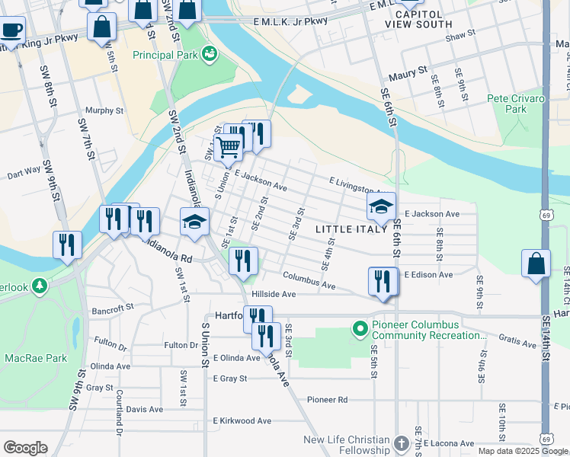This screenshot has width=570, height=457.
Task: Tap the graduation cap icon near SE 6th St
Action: (x=381, y=206)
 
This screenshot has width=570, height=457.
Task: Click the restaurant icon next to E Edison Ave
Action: (x=383, y=280)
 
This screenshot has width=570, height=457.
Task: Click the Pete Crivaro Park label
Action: (x=516, y=104)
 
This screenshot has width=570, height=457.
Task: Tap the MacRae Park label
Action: (x=27, y=357)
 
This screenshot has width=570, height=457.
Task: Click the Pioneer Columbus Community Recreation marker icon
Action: (x=360, y=328)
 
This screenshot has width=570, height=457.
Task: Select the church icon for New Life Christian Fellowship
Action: (x=402, y=443)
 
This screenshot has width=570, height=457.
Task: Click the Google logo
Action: (x=25, y=448)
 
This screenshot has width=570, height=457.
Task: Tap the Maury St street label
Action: (x=411, y=73)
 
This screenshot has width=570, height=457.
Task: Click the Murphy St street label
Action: (x=104, y=110)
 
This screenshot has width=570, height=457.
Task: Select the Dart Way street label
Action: (x=22, y=172)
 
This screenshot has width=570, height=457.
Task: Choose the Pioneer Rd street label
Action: (x=327, y=400)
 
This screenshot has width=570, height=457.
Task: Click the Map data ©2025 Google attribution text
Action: (x=521, y=451)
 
